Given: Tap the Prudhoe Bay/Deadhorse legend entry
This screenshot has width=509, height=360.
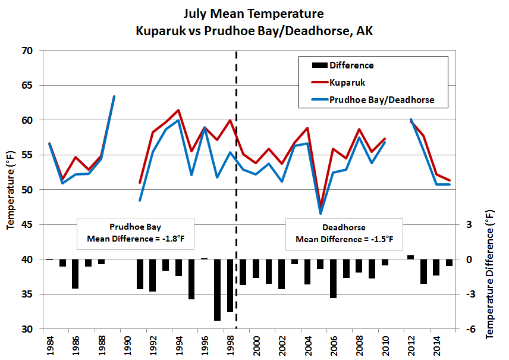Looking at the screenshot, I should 381,100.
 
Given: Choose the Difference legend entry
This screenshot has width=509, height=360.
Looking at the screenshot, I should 351,65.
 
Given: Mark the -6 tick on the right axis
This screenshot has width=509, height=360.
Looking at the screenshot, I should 468,329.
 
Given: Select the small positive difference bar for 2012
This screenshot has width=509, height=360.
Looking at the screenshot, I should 410,257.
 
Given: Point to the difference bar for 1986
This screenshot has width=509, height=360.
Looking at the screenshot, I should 75,274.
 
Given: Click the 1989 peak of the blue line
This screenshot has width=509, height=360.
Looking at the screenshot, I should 114,97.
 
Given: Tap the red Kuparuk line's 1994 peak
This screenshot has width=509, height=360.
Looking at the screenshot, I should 178,110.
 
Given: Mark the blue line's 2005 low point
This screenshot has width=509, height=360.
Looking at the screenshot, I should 321,213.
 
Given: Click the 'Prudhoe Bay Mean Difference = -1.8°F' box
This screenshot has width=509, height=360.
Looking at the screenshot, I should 136,233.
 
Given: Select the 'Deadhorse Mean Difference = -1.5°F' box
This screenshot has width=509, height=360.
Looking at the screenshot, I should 344,233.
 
